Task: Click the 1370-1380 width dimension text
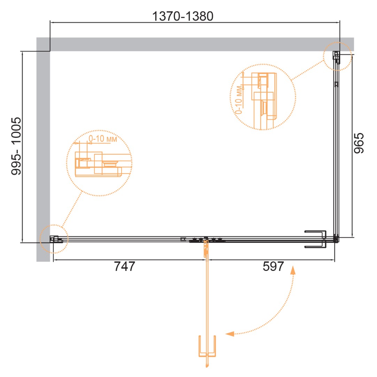(183, 16)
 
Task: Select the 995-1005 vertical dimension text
(16, 146)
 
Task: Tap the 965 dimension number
(359, 143)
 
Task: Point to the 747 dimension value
(124, 266)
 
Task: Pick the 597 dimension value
(274, 266)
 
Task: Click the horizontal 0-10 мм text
(103, 139)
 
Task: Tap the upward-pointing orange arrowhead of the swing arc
(293, 270)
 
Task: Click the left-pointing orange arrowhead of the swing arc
(230, 334)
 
